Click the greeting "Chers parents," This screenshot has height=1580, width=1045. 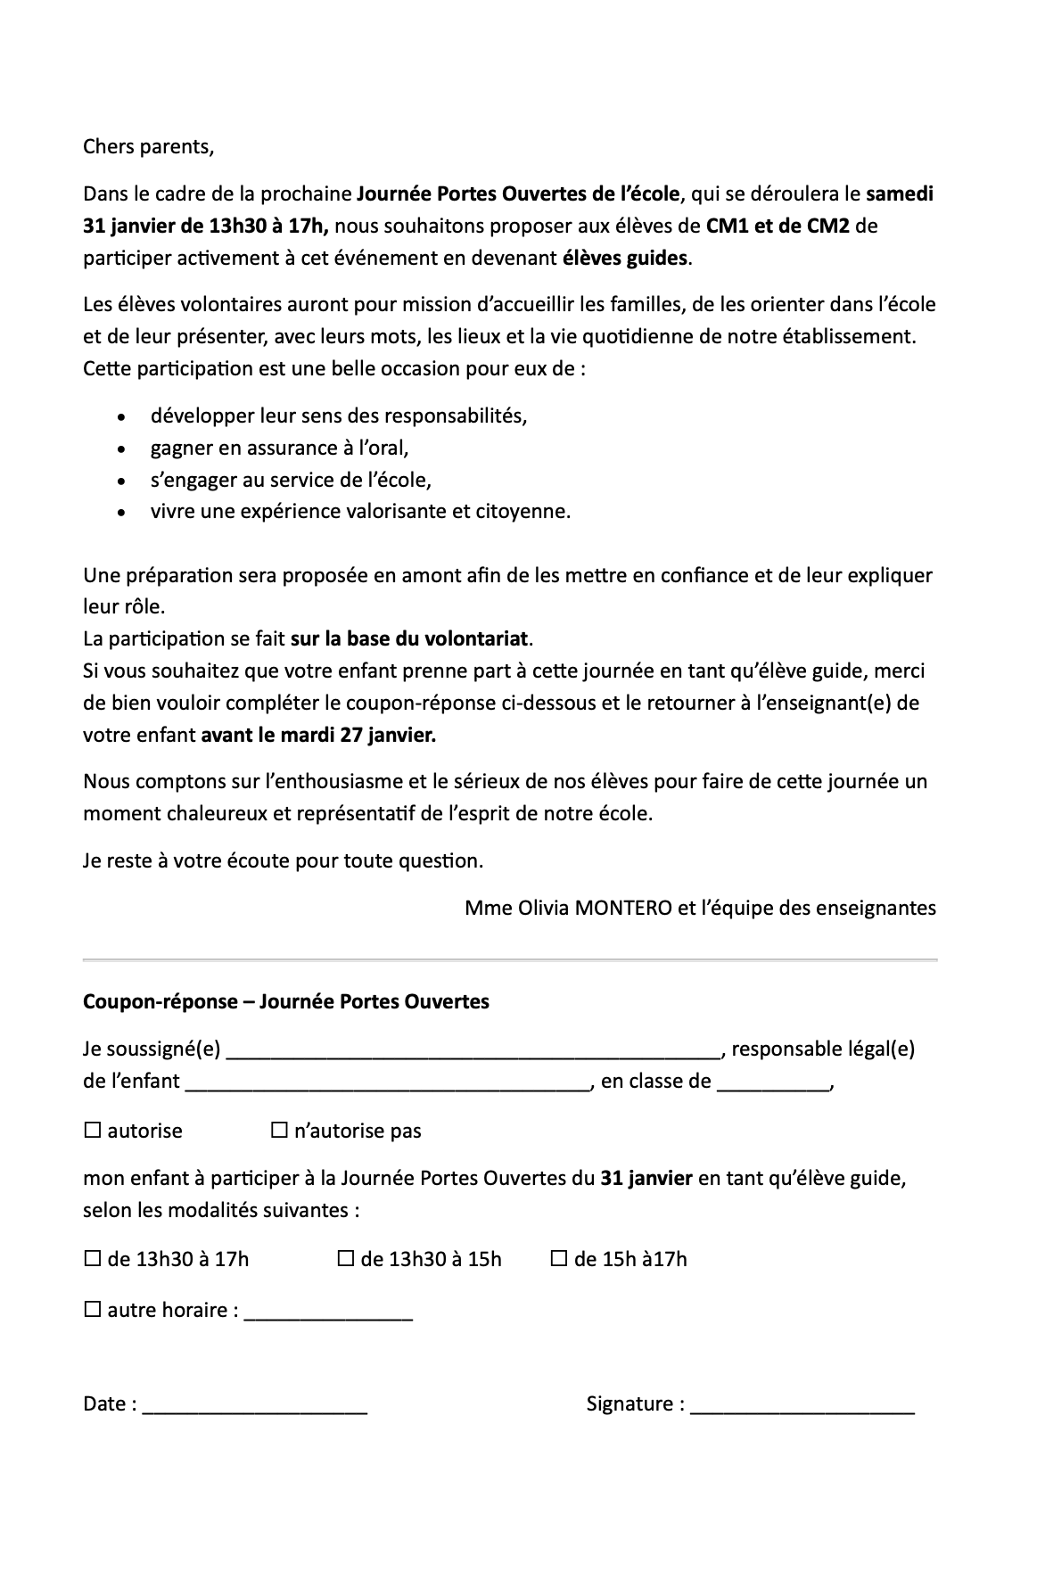[148, 146]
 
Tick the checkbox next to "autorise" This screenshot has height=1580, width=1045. [92, 1131]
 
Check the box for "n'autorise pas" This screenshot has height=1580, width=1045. [279, 1131]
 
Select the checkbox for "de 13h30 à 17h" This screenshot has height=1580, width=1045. [92, 1259]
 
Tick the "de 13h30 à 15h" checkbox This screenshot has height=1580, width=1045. [345, 1259]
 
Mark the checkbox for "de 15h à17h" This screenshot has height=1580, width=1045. [559, 1259]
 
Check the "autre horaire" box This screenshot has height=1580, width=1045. [92, 1310]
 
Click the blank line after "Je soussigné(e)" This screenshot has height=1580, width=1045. [473, 1052]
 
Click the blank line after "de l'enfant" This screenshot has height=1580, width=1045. [388, 1085]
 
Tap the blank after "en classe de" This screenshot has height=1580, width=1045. [772, 1085]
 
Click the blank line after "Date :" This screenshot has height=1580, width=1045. [254, 1407]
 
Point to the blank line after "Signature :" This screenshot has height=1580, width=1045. [802, 1407]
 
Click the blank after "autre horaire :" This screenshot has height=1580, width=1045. [327, 1313]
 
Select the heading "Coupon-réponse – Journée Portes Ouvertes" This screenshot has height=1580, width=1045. [285, 1001]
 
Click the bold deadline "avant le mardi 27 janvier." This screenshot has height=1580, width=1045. [318, 736]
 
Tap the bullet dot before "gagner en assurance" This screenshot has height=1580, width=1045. [121, 448]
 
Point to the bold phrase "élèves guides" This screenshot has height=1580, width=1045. [625, 259]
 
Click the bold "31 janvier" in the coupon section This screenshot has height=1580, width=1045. [646, 1178]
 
